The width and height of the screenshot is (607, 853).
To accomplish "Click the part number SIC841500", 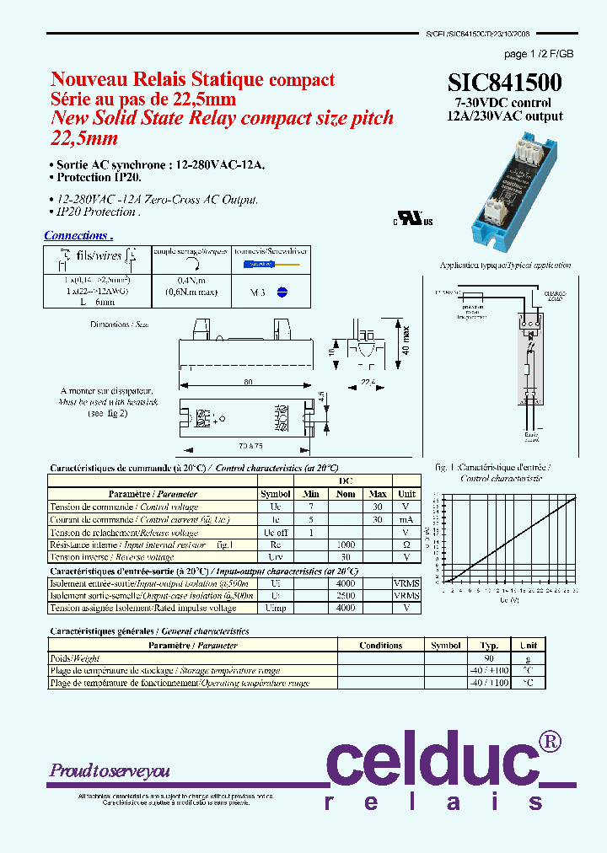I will [504, 83].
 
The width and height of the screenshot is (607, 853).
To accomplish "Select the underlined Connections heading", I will [78, 236].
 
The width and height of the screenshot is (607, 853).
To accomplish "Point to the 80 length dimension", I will [249, 382].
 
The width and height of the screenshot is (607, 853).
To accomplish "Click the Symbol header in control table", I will [275, 494].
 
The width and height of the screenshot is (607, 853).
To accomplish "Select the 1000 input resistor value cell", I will [346, 545].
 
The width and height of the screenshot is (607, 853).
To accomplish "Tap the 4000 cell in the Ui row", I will [346, 583].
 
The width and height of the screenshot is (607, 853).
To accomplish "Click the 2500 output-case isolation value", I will [346, 595].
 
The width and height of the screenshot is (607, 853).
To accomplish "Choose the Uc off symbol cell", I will [275, 533].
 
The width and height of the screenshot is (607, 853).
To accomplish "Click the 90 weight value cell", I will [489, 658].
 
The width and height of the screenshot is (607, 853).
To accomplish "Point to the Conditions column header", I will [380, 646].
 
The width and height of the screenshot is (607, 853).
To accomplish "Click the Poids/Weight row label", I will [76, 658].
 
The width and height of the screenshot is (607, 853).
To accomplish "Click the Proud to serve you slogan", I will [110, 770].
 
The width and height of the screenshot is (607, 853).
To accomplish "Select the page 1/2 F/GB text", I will [539, 54].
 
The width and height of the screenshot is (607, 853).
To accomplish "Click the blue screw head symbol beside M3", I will [283, 292].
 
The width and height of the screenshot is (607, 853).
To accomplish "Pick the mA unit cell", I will [406, 520].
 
